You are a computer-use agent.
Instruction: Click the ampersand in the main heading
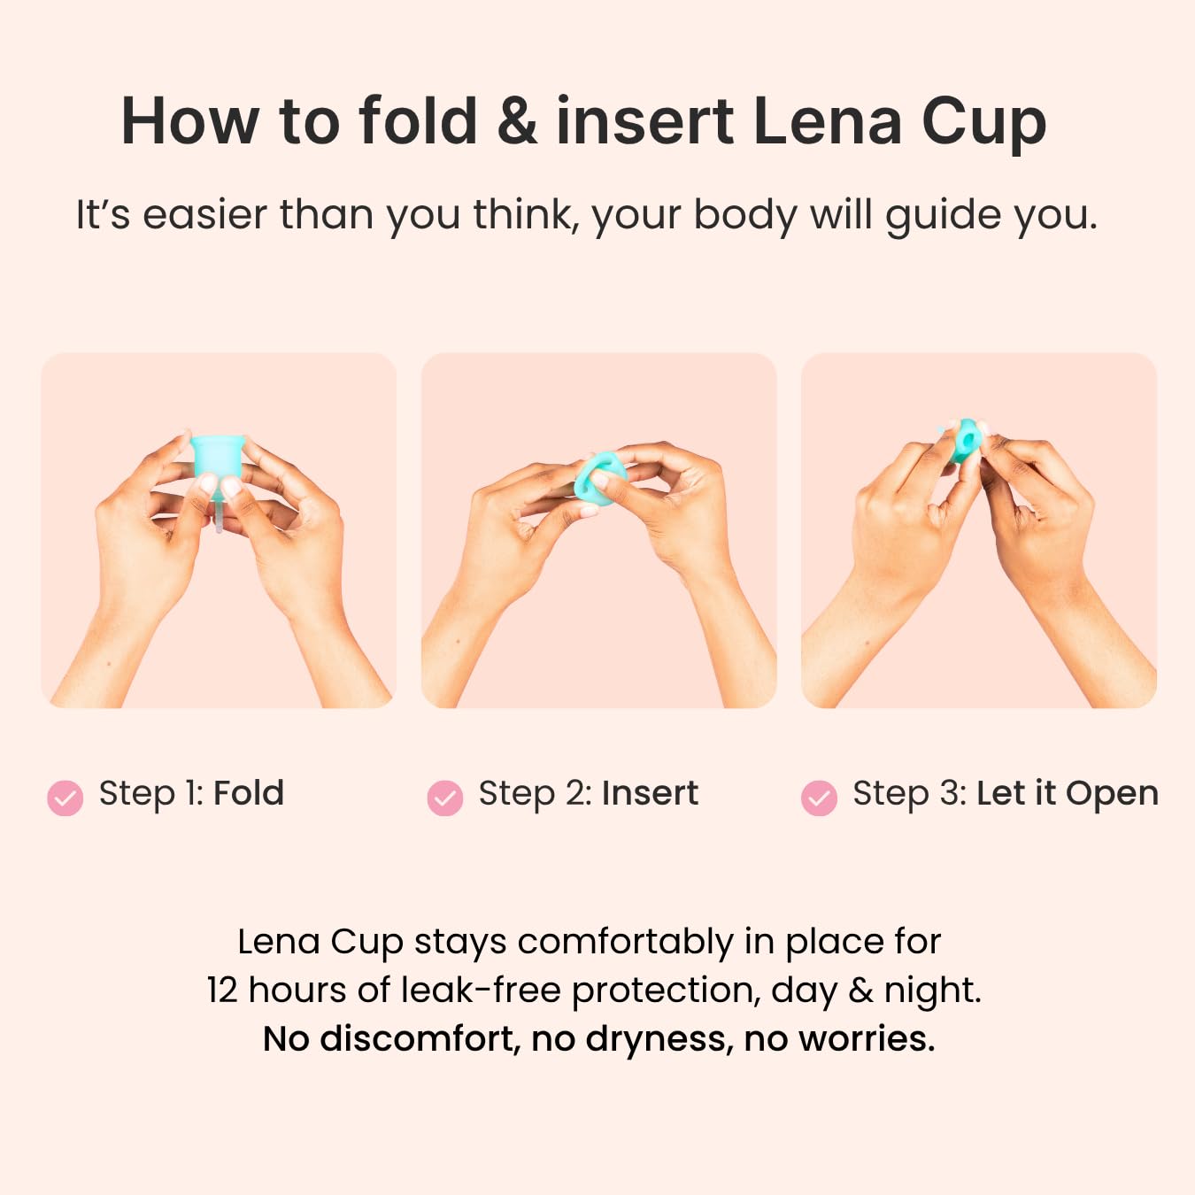517,121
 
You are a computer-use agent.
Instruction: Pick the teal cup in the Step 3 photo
965,439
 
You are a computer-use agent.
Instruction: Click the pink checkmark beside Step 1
66,798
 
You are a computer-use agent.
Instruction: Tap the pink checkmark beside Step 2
444,798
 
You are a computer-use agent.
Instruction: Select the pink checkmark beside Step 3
819,798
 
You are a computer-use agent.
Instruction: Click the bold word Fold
249,793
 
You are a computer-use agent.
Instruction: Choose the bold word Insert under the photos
650,793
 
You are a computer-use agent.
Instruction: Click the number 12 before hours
222,991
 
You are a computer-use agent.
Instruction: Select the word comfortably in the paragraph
626,944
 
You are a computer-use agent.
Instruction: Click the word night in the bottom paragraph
932,991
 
